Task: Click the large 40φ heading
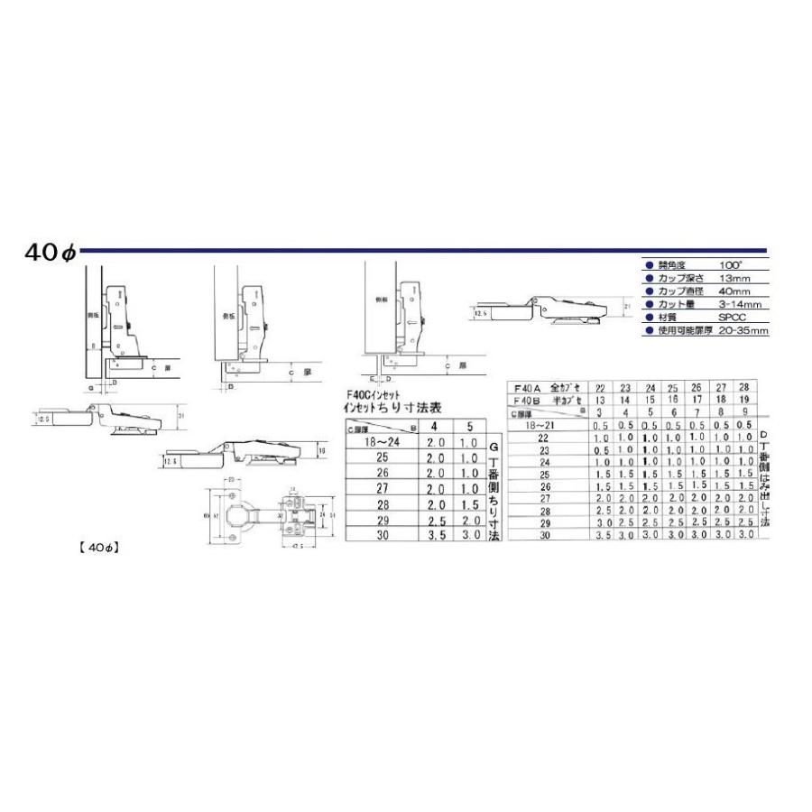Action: (x=52, y=254)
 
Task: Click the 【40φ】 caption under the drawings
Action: (x=98, y=547)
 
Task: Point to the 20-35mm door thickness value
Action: (x=744, y=331)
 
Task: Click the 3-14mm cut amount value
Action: (x=740, y=305)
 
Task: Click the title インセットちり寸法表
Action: (x=381, y=406)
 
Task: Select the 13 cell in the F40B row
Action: (x=599, y=399)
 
